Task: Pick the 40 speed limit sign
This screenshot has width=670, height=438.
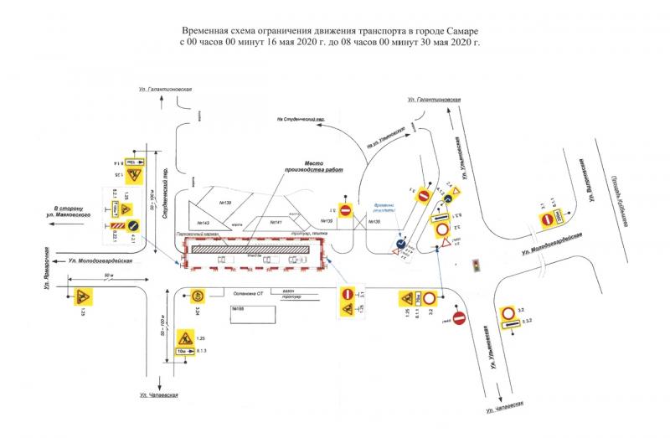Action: (x=197, y=296)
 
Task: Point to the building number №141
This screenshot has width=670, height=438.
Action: (x=276, y=222)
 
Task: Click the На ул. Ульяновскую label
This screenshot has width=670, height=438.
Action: (x=385, y=139)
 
